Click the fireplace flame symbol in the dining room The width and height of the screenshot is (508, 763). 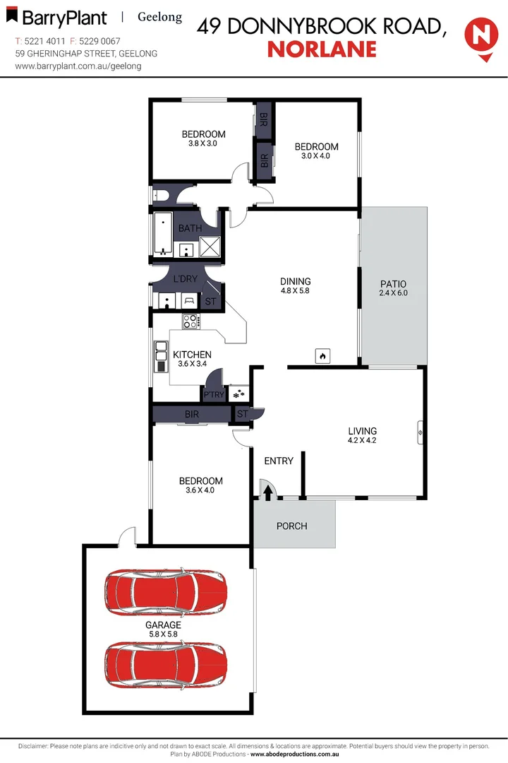click(322, 355)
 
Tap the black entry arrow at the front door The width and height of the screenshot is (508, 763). click(268, 492)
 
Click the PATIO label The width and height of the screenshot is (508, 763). click(393, 284)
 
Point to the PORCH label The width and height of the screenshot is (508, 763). click(291, 526)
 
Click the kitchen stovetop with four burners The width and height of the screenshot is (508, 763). click(190, 321)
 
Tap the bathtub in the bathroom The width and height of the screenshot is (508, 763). click(163, 234)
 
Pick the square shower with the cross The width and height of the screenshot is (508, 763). click(211, 247)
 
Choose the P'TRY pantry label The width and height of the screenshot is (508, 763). click(214, 394)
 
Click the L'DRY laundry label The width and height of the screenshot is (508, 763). click(185, 279)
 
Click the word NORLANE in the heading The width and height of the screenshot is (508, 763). click(322, 49)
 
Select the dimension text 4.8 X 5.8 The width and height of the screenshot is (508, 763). click(295, 290)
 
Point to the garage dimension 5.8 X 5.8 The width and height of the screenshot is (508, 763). click(164, 634)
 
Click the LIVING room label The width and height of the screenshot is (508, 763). click(363, 431)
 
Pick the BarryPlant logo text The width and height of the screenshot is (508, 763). click(64, 18)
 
